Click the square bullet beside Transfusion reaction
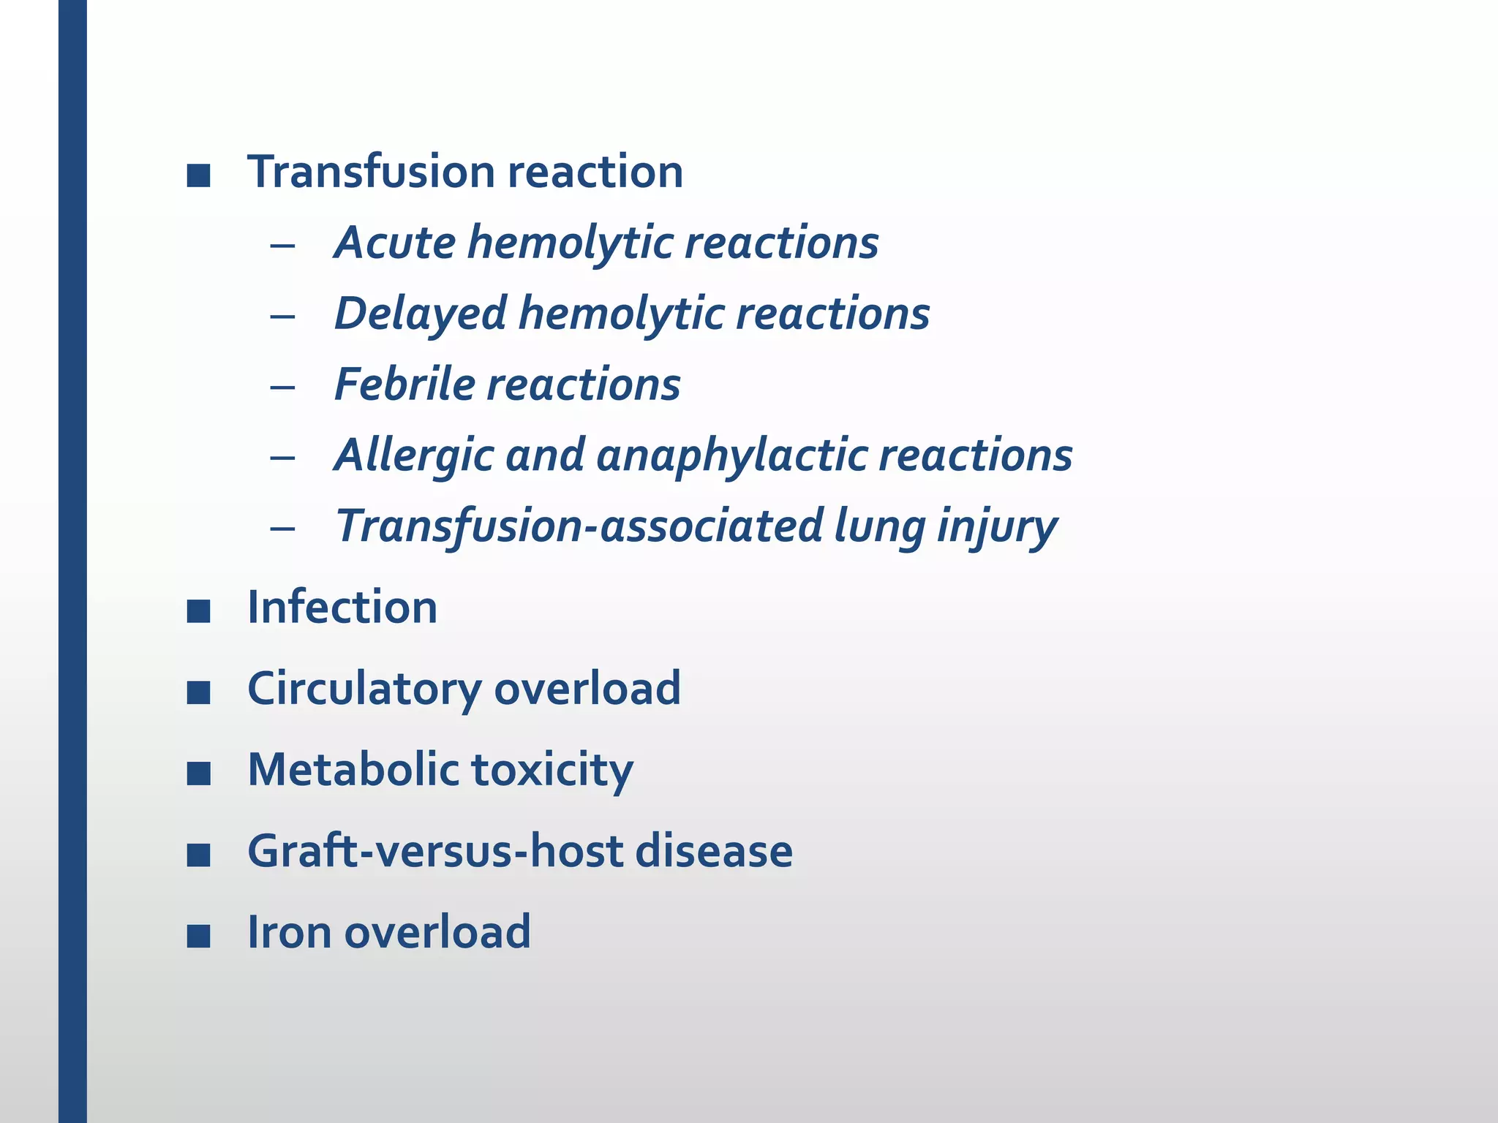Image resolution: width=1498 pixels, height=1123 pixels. (x=198, y=175)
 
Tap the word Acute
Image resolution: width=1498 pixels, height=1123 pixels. (x=395, y=243)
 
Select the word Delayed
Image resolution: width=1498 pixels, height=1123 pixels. (x=421, y=314)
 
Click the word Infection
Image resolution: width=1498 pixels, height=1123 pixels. (x=342, y=608)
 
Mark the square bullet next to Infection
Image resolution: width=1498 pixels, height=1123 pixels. (x=198, y=611)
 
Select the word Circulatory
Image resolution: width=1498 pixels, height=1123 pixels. (x=364, y=689)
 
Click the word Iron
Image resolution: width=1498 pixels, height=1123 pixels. (x=290, y=932)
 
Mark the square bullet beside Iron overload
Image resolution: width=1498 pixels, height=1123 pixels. (x=198, y=936)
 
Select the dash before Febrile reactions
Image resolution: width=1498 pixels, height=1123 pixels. (x=282, y=387)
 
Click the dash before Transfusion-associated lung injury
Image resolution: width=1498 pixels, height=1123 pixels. (x=282, y=528)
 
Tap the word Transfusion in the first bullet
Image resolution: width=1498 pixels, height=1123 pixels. (x=372, y=173)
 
